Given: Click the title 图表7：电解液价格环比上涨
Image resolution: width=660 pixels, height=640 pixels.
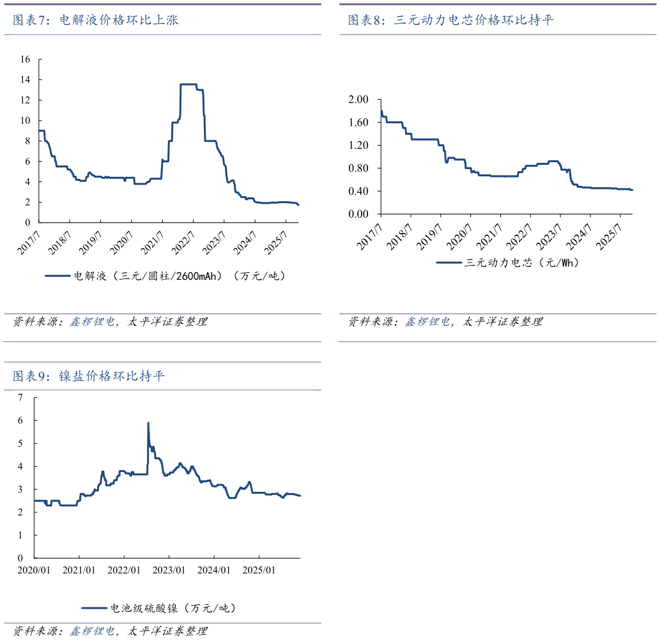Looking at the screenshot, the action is pyautogui.click(x=96, y=20).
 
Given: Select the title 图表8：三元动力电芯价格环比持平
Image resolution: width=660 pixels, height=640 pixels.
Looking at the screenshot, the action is pyautogui.click(x=450, y=20).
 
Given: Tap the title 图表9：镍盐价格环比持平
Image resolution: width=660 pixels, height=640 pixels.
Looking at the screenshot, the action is pyautogui.click(x=88, y=376).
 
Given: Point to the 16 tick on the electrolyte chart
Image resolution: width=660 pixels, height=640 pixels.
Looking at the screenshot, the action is pyautogui.click(x=26, y=59).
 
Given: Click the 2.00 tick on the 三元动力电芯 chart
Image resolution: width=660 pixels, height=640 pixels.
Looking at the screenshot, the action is pyautogui.click(x=358, y=99).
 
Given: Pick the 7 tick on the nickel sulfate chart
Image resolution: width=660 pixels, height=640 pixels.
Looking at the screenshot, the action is pyautogui.click(x=20, y=397).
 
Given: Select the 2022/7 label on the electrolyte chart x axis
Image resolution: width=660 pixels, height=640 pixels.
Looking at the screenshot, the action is pyautogui.click(x=182, y=243).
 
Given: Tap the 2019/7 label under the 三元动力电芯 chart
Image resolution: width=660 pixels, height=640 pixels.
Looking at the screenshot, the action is pyautogui.click(x=429, y=236).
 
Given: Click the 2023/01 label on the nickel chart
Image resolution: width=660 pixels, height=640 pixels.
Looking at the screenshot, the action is pyautogui.click(x=169, y=570).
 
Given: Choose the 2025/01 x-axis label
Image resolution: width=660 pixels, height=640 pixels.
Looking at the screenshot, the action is pyautogui.click(x=259, y=570).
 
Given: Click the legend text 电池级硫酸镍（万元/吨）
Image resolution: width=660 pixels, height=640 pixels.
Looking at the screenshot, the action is pyautogui.click(x=173, y=608).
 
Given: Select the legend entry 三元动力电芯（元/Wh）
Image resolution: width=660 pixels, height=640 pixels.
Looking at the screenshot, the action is pyautogui.click(x=522, y=263).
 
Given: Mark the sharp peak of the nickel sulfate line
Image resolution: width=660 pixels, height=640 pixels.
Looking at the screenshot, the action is pyautogui.click(x=148, y=423).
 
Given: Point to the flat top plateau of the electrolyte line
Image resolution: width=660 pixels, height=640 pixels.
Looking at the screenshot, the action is pyautogui.click(x=188, y=84).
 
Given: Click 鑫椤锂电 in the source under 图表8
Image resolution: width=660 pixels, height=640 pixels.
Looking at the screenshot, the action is pyautogui.click(x=427, y=322).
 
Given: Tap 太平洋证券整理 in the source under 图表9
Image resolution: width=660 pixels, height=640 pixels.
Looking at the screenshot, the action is pyautogui.click(x=167, y=631).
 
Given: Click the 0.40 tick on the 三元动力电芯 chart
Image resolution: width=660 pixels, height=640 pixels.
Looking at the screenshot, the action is pyautogui.click(x=358, y=191).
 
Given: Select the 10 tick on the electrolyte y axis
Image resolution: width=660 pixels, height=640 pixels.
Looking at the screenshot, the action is pyautogui.click(x=26, y=120).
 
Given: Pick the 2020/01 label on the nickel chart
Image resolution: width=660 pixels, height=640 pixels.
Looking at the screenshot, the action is pyautogui.click(x=34, y=570).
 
